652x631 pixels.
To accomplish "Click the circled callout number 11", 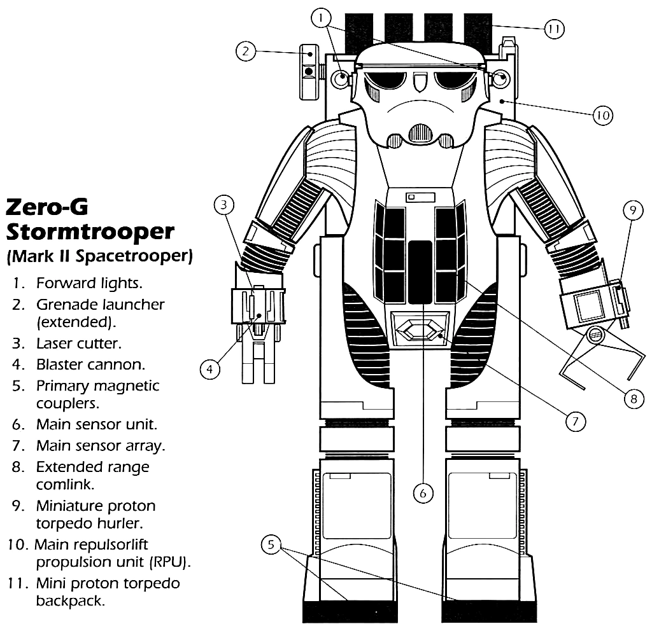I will [554, 29].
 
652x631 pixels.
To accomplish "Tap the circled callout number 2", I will [246, 52].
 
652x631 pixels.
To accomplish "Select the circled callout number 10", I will [602, 115].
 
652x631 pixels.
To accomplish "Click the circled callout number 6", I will [423, 492].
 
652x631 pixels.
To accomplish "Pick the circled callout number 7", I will [575, 420].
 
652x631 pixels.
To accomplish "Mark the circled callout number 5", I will [272, 545].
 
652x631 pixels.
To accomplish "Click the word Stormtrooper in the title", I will [89, 231].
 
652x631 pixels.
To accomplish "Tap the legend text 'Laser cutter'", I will [78, 343].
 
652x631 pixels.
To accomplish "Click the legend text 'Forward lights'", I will [89, 282].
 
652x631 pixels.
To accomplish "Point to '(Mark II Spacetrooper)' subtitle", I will [99, 256].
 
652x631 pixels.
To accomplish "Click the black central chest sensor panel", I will [420, 272].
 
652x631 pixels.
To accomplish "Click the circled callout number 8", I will [633, 399].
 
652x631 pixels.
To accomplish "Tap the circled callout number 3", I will [224, 205].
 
